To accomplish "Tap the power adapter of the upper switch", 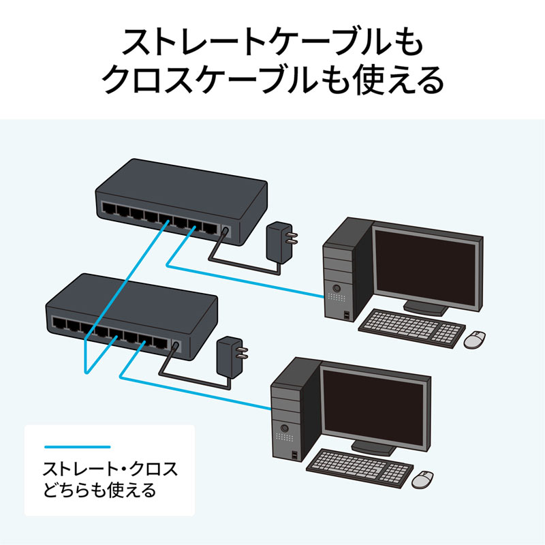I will pyautogui.click(x=277, y=240).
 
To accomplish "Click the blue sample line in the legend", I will pyautogui.click(x=76, y=447).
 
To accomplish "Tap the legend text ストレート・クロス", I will pyautogui.click(x=109, y=469).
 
